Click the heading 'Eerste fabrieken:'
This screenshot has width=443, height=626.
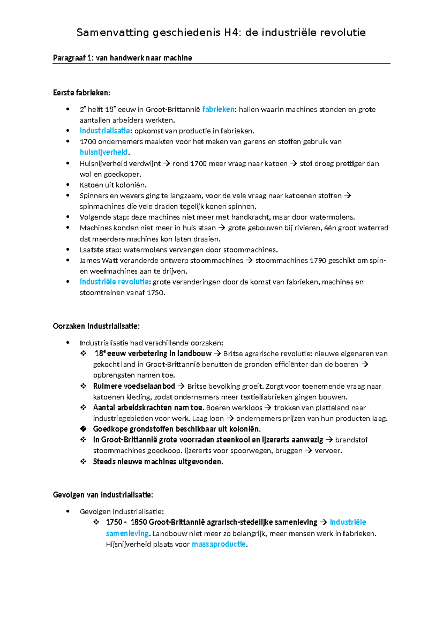[82, 93]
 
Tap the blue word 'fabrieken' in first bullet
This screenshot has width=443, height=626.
[218, 109]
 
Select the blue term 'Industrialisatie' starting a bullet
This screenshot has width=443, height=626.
[105, 131]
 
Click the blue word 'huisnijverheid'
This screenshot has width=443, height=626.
[104, 152]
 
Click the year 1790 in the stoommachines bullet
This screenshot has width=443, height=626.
[317, 261]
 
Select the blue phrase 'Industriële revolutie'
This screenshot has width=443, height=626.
[114, 282]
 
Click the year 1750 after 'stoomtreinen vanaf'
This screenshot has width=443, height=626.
[155, 293]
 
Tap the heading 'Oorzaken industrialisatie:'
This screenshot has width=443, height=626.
[96, 326]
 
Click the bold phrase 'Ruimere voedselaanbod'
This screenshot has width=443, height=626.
[134, 386]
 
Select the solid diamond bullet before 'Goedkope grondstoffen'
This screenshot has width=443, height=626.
[83, 429]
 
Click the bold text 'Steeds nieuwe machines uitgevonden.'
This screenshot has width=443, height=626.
[158, 462]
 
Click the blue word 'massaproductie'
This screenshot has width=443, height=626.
[219, 544]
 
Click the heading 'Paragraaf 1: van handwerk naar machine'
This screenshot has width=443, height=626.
[122, 58]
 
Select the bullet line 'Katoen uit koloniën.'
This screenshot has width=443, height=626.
[113, 185]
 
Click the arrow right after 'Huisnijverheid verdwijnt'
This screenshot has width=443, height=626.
[166, 164]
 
